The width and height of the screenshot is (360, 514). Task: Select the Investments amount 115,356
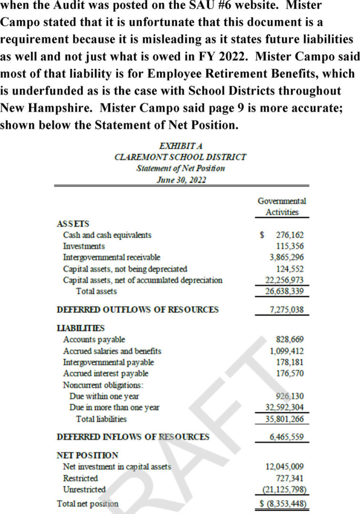[290, 246]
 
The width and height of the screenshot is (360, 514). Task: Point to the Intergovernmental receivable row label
[111, 258]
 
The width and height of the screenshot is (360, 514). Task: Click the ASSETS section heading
[73, 224]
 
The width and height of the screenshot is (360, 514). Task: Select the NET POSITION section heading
[87, 455]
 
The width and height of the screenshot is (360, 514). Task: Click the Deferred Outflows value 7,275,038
[287, 310]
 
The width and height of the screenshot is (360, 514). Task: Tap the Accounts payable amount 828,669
[290, 339]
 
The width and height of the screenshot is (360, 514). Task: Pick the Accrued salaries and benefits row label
[112, 351]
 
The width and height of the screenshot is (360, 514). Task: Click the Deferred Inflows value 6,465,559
[287, 437]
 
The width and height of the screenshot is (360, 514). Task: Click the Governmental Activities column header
[281, 206]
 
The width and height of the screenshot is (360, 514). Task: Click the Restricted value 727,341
[290, 478]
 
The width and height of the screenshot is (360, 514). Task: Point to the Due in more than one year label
[115, 407]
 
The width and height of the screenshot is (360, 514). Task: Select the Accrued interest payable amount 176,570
[290, 373]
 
